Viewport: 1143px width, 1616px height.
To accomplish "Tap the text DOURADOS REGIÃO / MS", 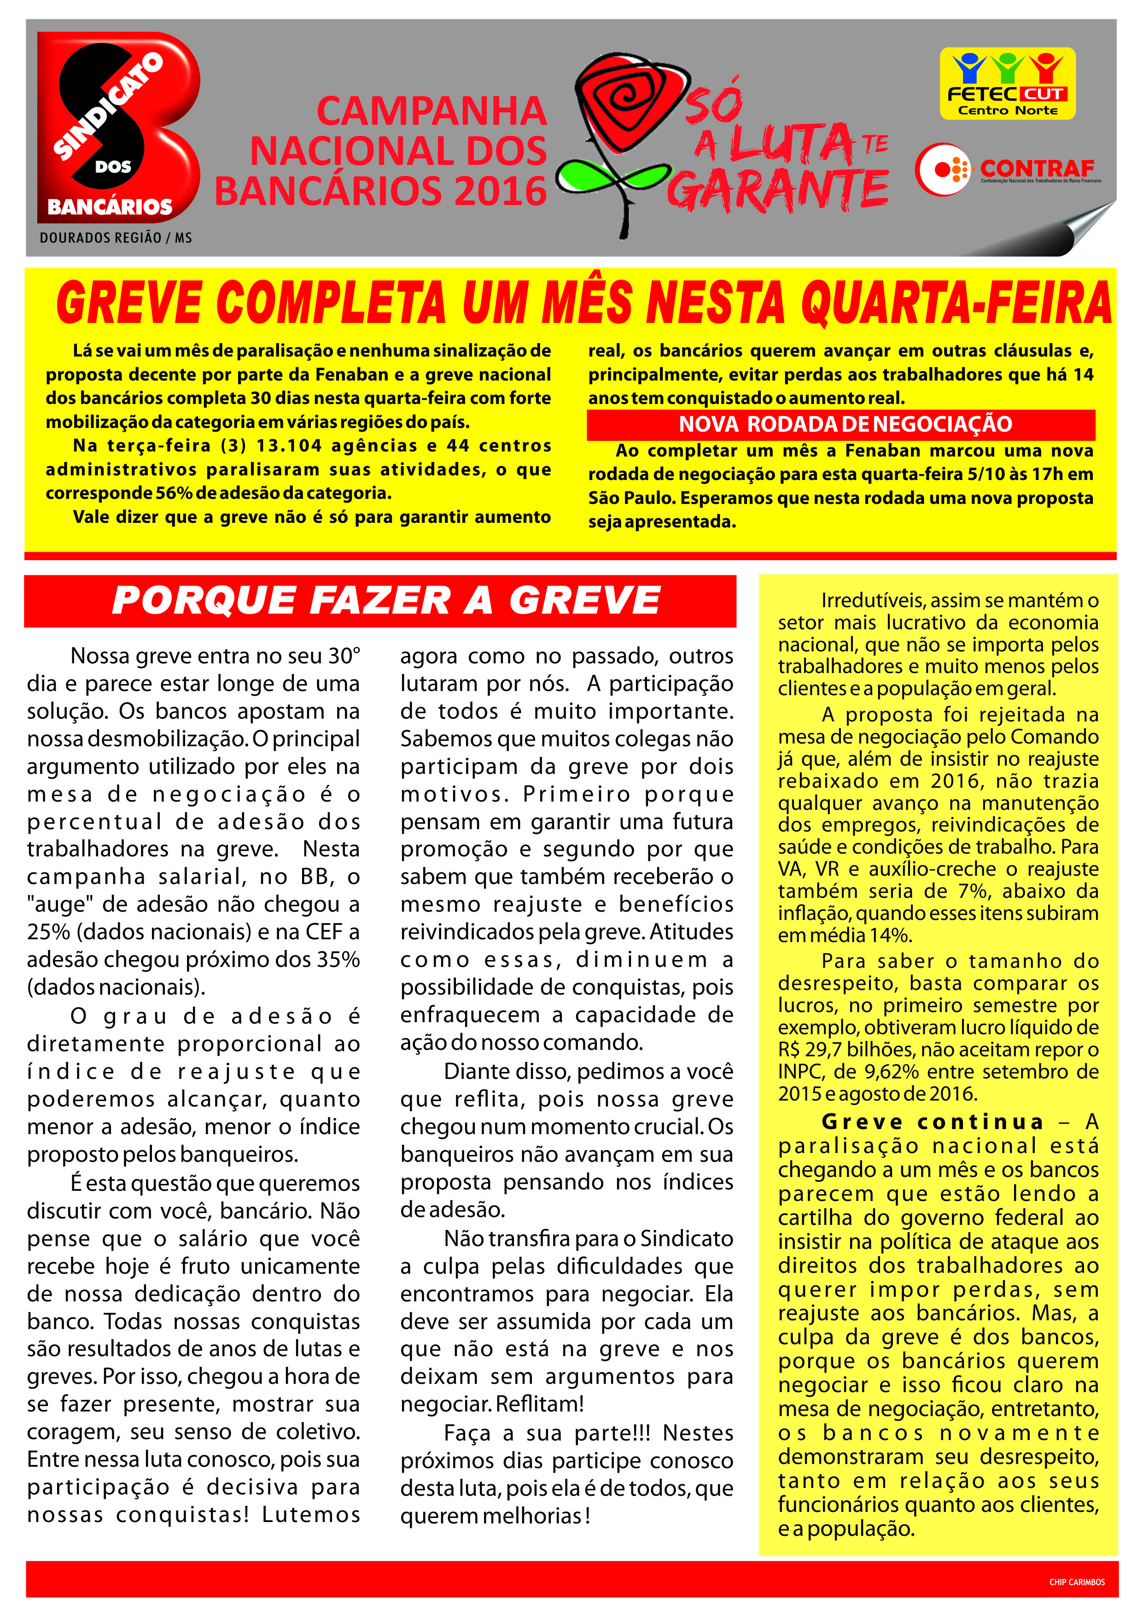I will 116,238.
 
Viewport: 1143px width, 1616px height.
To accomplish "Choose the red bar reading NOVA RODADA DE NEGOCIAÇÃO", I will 841,424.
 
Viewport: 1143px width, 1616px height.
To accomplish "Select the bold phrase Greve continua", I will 933,1121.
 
